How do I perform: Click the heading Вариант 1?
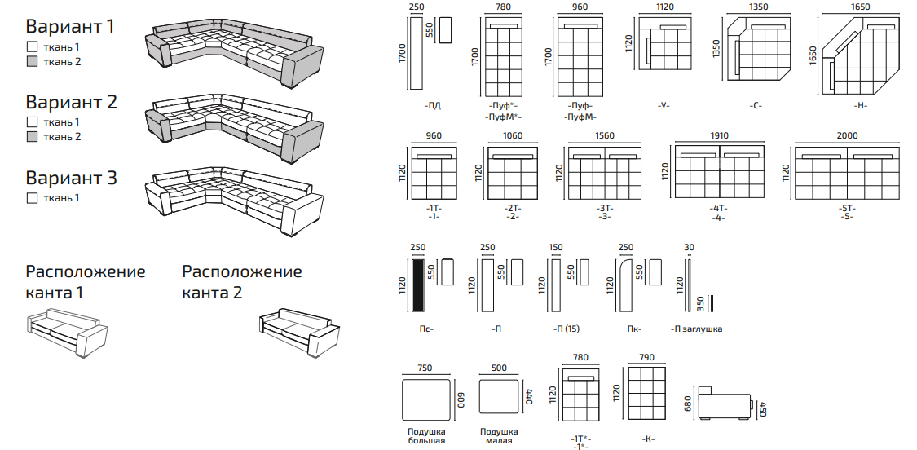(x=70, y=26)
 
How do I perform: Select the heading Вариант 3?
(x=71, y=177)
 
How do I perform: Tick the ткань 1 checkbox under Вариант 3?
(x=32, y=198)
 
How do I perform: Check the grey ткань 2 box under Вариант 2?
(x=32, y=137)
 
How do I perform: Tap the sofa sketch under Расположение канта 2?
(x=298, y=332)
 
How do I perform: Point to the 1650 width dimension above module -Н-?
(x=860, y=7)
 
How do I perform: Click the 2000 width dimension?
(x=847, y=136)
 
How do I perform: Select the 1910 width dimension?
(x=719, y=136)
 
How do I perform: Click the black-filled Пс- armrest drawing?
(x=417, y=285)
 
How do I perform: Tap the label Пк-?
(x=633, y=329)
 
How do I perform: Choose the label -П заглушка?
(x=696, y=329)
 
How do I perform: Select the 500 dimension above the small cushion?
(x=499, y=368)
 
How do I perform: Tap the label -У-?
(x=664, y=105)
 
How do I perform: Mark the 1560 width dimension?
(x=605, y=136)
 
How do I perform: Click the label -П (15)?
(x=566, y=329)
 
